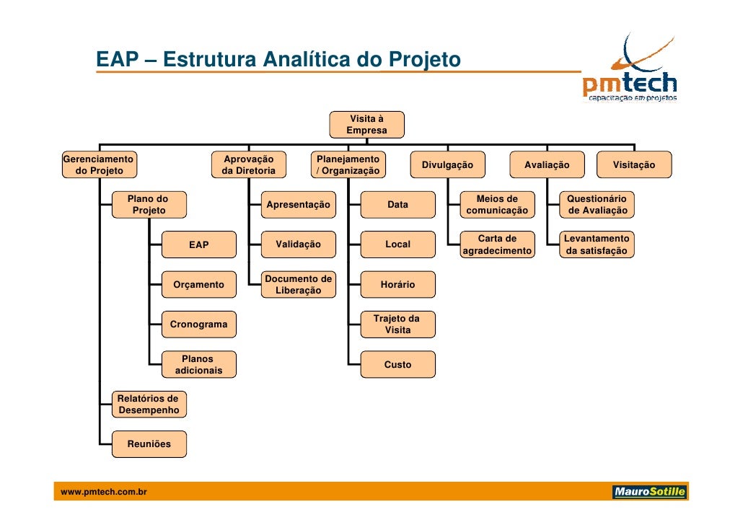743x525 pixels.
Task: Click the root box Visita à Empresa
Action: (x=366, y=125)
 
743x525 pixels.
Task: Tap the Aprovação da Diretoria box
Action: (x=248, y=165)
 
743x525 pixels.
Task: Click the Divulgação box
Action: (x=447, y=165)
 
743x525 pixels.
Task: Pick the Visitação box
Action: (x=634, y=165)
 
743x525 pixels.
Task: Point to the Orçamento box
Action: (x=198, y=285)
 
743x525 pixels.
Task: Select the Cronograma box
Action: (x=198, y=325)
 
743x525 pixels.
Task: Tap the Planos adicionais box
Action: (x=198, y=365)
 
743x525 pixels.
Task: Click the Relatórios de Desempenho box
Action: (x=149, y=405)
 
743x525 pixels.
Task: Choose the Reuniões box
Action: (x=149, y=444)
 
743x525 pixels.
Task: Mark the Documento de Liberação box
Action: (x=298, y=285)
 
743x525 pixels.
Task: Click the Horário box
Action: (x=397, y=285)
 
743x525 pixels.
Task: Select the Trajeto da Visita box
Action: (x=397, y=325)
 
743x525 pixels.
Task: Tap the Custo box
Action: (x=397, y=365)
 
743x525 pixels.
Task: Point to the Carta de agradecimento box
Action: (x=497, y=244)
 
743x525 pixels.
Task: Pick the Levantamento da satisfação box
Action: (x=597, y=244)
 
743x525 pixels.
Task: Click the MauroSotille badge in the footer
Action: (x=649, y=493)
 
